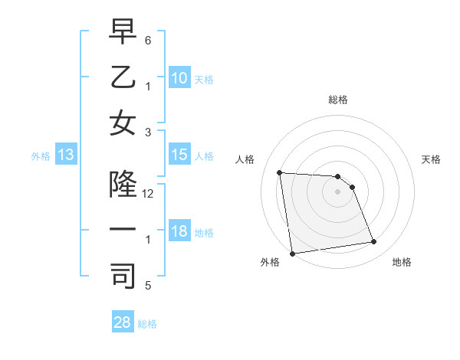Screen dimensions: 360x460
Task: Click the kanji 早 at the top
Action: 122,34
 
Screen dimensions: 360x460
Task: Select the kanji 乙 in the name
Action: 122,79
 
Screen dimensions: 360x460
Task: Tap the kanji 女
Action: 122,123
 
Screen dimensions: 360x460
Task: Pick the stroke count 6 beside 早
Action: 148,40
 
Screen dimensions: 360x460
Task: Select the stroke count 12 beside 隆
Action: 148,194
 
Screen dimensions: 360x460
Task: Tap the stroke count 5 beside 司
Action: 148,286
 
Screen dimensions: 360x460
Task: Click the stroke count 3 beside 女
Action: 148,132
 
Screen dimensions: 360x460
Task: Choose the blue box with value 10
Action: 179,78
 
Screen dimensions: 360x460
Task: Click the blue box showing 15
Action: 179,155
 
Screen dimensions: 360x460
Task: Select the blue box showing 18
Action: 179,232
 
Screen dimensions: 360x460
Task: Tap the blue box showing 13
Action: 65,155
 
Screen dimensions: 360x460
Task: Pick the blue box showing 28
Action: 122,322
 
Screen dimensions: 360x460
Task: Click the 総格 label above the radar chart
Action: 337,100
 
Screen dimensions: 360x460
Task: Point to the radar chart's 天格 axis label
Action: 432,159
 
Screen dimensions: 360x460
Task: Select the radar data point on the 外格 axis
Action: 291,254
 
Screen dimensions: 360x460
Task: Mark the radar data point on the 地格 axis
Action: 373,242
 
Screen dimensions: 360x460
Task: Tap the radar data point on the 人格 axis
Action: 279,172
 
